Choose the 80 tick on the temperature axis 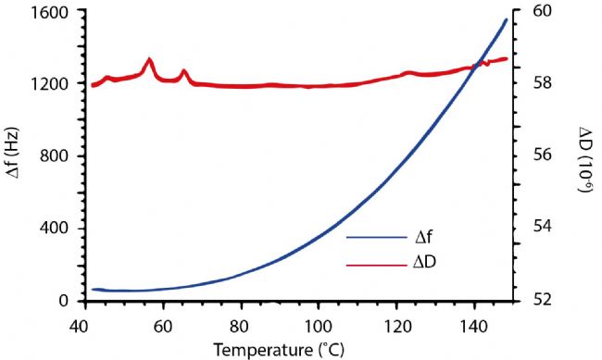[x=241, y=326]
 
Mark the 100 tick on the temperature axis [x=319, y=326]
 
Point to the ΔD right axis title [x=584, y=158]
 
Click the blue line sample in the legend [x=379, y=237]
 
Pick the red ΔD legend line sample [x=379, y=264]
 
